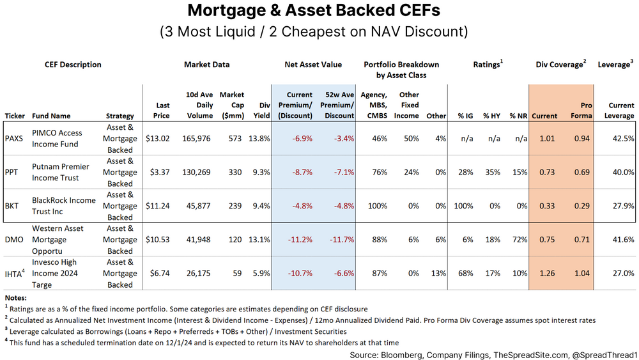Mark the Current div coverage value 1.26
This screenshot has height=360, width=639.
coord(545,273)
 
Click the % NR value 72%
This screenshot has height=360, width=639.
coord(518,239)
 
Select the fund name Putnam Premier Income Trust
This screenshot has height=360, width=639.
coord(61,172)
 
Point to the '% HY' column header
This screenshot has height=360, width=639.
coord(490,116)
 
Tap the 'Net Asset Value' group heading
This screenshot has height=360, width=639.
coord(313,65)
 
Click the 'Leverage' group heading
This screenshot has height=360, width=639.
coord(615,65)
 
